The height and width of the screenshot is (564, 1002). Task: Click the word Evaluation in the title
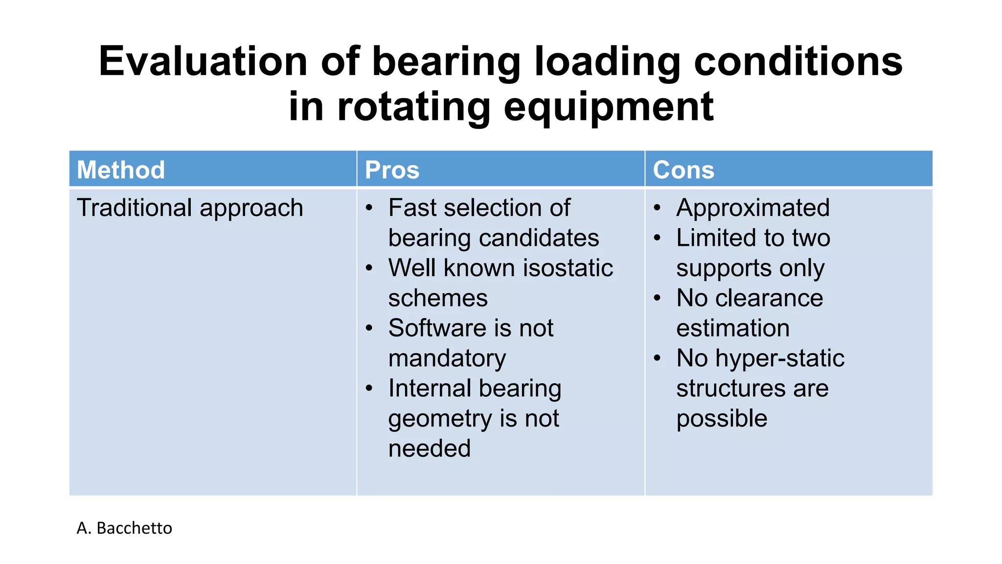203,62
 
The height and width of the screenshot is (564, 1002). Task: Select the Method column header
121,170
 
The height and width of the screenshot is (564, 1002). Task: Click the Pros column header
392,170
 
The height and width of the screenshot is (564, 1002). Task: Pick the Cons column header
683,170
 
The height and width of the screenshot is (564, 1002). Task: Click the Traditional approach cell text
190,208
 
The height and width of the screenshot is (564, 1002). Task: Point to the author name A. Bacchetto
124,528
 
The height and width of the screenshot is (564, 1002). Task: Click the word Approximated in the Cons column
752,208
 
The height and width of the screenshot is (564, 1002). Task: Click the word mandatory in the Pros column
447,358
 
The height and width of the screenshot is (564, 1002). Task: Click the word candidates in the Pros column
539,238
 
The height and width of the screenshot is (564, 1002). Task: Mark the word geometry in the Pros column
440,419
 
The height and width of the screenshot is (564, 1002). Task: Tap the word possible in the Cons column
722,419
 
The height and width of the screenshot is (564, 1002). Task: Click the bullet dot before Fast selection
369,208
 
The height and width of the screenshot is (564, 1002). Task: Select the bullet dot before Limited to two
658,238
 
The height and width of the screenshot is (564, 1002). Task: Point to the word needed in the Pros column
429,448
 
